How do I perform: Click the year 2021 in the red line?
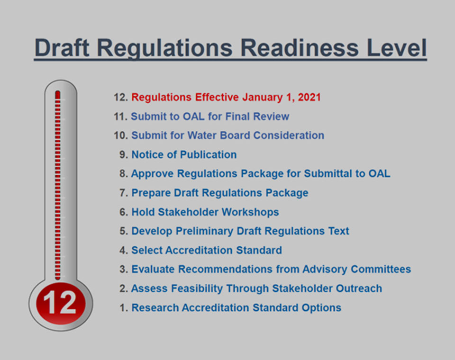coord(309,98)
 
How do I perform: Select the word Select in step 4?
coord(147,250)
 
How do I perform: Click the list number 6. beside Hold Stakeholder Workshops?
coord(124,212)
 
